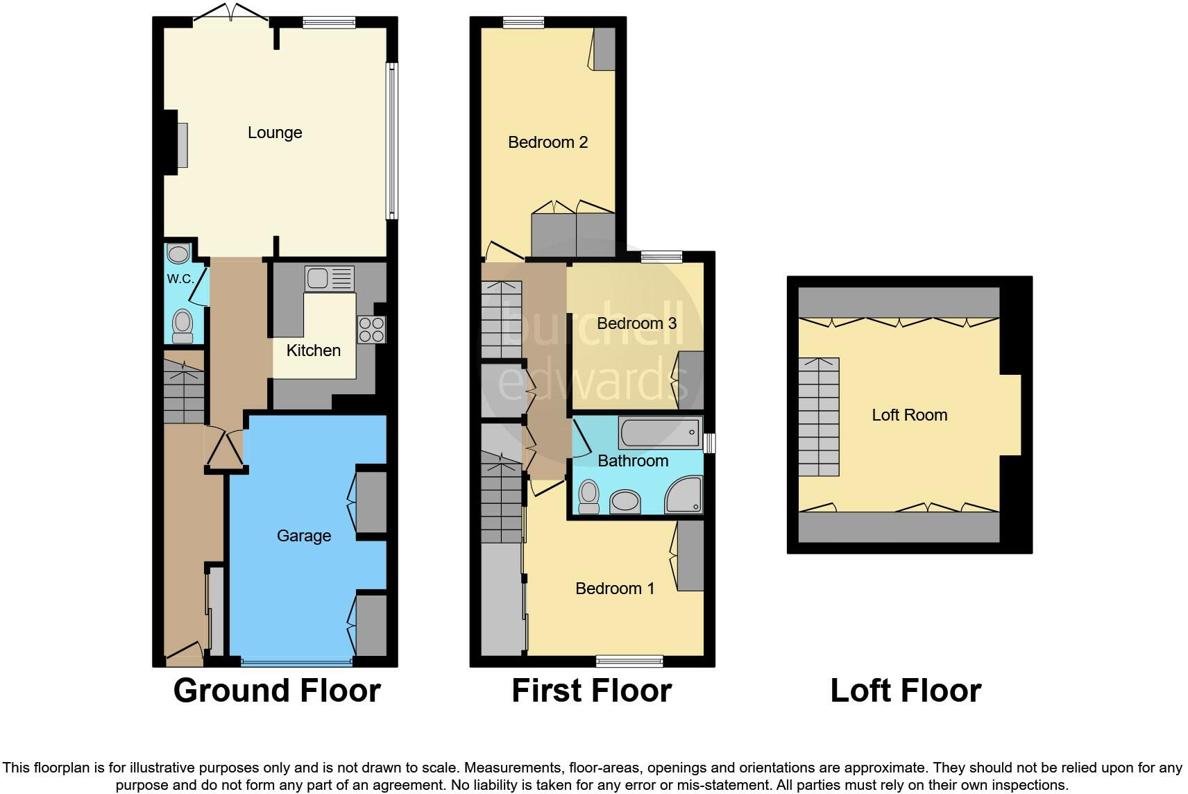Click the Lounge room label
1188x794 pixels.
tap(275, 133)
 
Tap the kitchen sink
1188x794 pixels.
tap(330, 278)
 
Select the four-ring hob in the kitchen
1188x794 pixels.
tap(371, 330)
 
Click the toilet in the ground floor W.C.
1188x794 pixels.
tap(183, 326)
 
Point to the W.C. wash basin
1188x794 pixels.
tap(178, 253)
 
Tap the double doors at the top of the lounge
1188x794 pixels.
tap(231, 12)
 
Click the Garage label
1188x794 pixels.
tap(304, 536)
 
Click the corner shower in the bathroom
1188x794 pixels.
tap(684, 495)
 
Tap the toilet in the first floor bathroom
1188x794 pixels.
tap(588, 497)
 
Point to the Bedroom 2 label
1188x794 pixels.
tap(548, 142)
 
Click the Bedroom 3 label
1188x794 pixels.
tap(636, 323)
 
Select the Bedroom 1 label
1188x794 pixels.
tap(615, 588)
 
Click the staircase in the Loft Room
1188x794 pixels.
tap(819, 417)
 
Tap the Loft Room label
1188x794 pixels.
tap(910, 415)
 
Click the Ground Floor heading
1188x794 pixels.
tap(277, 691)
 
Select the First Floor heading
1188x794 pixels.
tap(591, 691)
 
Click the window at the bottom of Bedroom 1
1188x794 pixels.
tap(629, 661)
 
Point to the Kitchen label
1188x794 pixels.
tap(314, 350)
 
